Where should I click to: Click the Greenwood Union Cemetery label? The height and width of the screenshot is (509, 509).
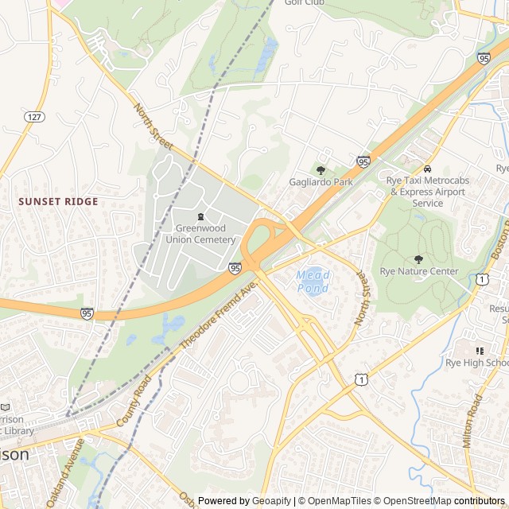205,234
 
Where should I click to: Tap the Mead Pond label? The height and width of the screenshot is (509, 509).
313,282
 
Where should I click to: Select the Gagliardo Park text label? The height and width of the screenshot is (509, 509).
321,182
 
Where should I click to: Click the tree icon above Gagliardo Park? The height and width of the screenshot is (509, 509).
321,170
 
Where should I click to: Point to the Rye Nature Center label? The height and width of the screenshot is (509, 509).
419,271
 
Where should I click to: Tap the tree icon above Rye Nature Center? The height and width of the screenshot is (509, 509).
419,259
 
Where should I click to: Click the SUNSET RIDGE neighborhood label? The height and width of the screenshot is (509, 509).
59,202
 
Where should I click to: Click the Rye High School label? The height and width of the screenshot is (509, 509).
480,363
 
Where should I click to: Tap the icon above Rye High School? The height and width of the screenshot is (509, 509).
480,351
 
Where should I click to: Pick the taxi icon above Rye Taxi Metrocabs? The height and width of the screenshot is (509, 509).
428,169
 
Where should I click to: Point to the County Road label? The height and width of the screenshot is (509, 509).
133,402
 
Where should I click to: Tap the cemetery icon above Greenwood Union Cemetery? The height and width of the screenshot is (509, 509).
200,216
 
